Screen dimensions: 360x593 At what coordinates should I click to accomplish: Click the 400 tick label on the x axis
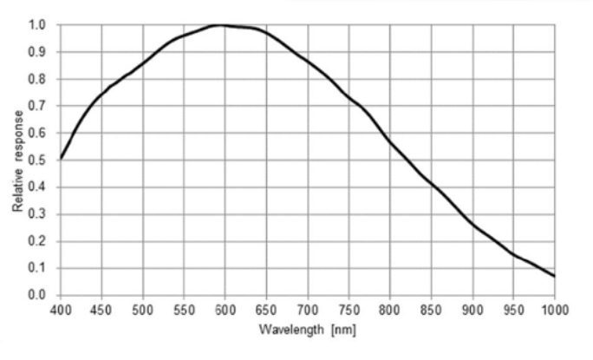click(x=61, y=309)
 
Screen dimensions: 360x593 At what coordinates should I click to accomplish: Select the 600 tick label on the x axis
click(x=225, y=309)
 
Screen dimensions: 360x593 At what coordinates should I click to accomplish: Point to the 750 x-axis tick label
click(x=349, y=309)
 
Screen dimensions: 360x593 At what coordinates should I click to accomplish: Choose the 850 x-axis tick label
click(x=432, y=309)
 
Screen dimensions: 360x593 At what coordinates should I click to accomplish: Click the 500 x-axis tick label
click(x=143, y=309)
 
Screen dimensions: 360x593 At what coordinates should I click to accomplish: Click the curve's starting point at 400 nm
click(x=61, y=158)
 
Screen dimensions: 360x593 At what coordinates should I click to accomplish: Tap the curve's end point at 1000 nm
click(x=555, y=276)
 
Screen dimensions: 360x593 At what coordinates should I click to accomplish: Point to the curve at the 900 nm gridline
click(x=472, y=224)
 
